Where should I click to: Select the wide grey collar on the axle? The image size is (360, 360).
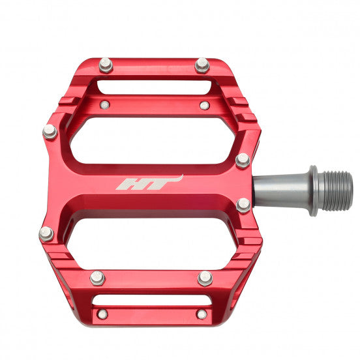click(x=313, y=190)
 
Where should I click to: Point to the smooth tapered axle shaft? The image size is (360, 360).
click(x=280, y=190)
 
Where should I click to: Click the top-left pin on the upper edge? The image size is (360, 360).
click(x=106, y=64)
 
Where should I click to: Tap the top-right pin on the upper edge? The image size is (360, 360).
click(x=202, y=64)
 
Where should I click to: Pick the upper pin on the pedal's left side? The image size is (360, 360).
click(x=50, y=131)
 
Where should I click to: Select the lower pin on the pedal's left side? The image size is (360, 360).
click(x=46, y=233)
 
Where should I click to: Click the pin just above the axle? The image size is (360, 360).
click(x=243, y=160)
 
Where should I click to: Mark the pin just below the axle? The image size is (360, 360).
click(x=243, y=205)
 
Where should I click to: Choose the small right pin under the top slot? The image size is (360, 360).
click(x=204, y=105)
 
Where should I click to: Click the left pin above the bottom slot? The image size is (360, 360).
click(x=97, y=278)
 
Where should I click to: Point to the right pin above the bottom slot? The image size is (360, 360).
click(x=205, y=278)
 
